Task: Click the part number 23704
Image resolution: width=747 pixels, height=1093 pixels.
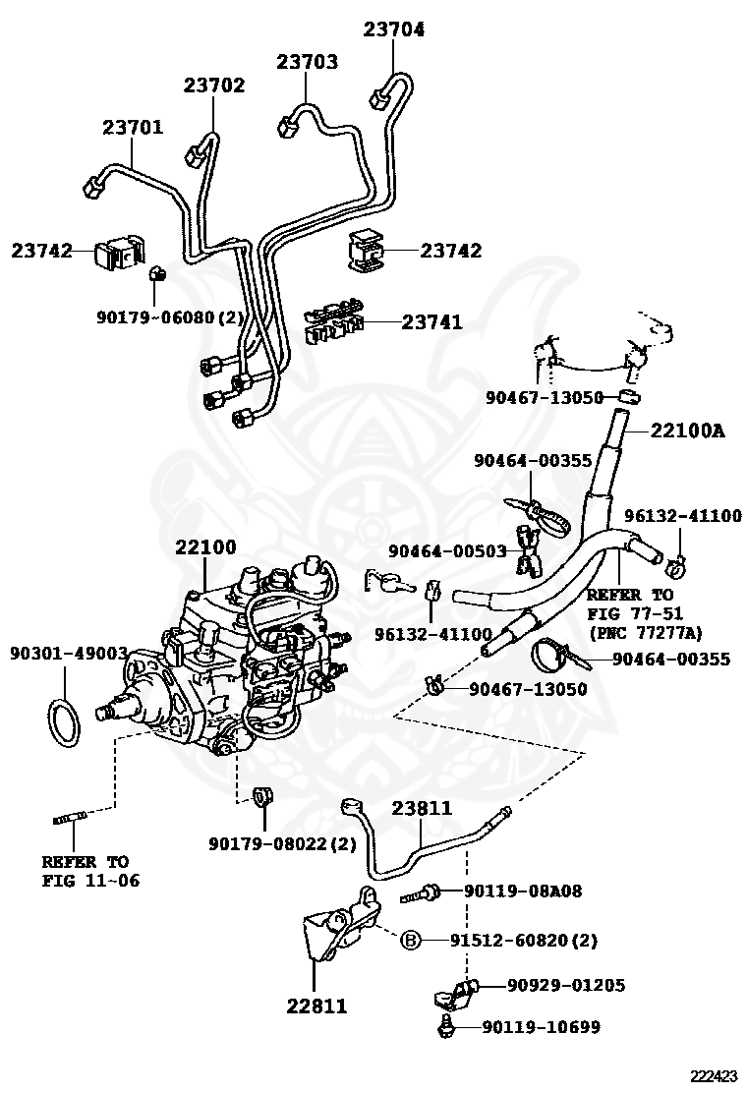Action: pyautogui.click(x=394, y=29)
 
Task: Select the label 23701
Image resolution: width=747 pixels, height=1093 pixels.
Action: pyautogui.click(x=133, y=128)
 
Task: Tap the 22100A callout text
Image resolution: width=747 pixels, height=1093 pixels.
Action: pyautogui.click(x=688, y=431)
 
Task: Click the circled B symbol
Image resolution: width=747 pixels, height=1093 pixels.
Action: pyautogui.click(x=411, y=941)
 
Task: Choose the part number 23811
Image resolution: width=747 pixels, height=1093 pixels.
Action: pyautogui.click(x=422, y=809)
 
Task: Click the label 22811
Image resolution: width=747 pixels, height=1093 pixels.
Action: pyautogui.click(x=316, y=1006)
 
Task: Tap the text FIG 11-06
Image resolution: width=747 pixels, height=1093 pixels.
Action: pyautogui.click(x=90, y=881)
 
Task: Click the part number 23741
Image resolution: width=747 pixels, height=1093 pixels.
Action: pyautogui.click(x=432, y=322)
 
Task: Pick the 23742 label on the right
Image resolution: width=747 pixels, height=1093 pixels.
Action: pyautogui.click(x=451, y=251)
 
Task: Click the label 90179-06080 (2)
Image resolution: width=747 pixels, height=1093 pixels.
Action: pyautogui.click(x=170, y=317)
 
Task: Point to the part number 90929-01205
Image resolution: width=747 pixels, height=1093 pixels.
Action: pyautogui.click(x=566, y=985)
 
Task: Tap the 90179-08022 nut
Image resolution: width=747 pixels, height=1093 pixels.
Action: pyautogui.click(x=262, y=795)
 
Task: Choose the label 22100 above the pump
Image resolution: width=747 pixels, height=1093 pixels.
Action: pyautogui.click(x=205, y=547)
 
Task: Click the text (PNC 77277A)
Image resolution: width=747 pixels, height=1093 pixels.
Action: pyautogui.click(x=645, y=633)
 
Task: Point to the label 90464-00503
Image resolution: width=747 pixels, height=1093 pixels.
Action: pyautogui.click(x=447, y=550)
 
